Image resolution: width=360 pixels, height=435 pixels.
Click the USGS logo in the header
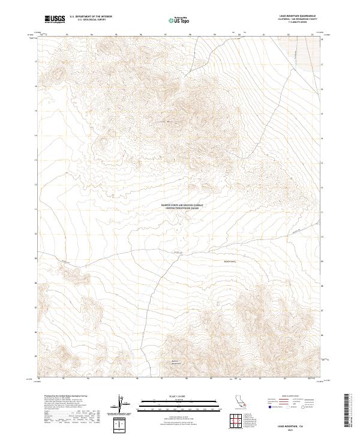click(x=55, y=20)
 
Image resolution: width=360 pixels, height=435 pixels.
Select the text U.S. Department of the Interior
click(x=91, y=17)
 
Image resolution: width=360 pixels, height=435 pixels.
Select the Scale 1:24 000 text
click(x=180, y=396)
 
